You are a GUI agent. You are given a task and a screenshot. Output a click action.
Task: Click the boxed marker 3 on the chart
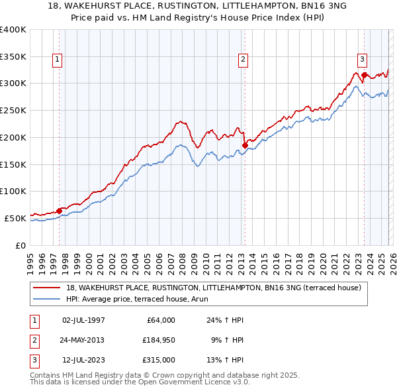[362, 59]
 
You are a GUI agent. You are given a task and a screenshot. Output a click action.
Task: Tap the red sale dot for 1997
[59, 211]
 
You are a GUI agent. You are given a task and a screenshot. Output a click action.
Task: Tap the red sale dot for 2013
[244, 145]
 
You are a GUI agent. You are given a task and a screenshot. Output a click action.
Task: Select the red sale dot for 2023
[364, 75]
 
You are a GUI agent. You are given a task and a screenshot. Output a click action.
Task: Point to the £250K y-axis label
[13, 110]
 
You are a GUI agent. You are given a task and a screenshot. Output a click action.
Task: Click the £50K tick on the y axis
[15, 218]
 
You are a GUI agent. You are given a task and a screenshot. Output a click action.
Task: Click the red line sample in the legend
[47, 288]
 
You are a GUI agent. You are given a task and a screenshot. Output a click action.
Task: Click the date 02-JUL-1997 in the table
[83, 320]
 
